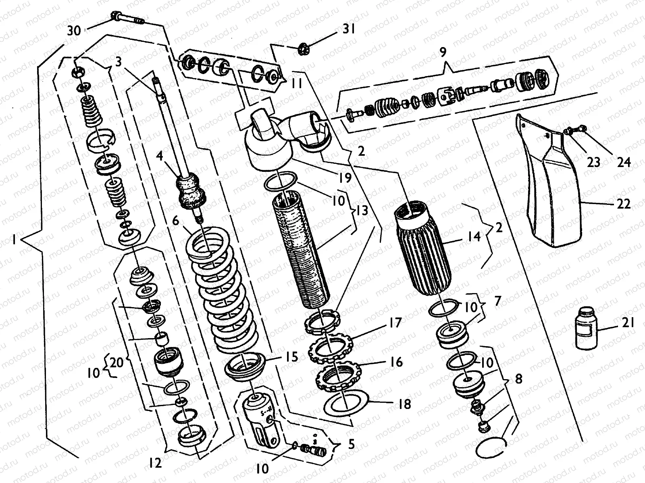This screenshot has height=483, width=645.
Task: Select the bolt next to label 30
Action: tap(127, 19)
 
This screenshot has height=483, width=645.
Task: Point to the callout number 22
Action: tap(623, 204)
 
